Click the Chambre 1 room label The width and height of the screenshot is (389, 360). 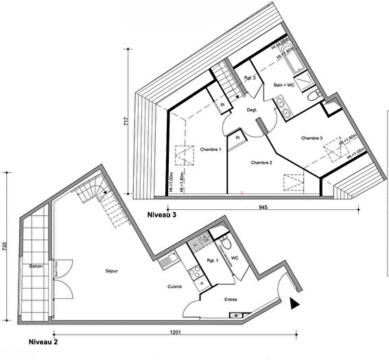pyautogui.click(x=210, y=149)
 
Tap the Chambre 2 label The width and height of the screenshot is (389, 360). pyautogui.click(x=262, y=163)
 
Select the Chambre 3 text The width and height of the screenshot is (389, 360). pyautogui.click(x=311, y=138)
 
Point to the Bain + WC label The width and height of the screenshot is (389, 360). pyautogui.click(x=284, y=85)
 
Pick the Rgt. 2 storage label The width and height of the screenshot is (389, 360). pyautogui.click(x=250, y=77)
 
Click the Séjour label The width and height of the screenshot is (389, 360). pyautogui.click(x=113, y=272)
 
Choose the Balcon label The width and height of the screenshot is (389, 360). pyautogui.click(x=36, y=265)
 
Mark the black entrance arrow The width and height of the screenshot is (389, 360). pyautogui.click(x=295, y=304)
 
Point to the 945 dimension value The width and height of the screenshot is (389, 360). pyautogui.click(x=263, y=206)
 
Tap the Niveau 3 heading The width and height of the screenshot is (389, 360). pyautogui.click(x=165, y=215)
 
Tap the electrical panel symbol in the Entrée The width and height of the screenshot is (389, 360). pyautogui.click(x=236, y=315)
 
